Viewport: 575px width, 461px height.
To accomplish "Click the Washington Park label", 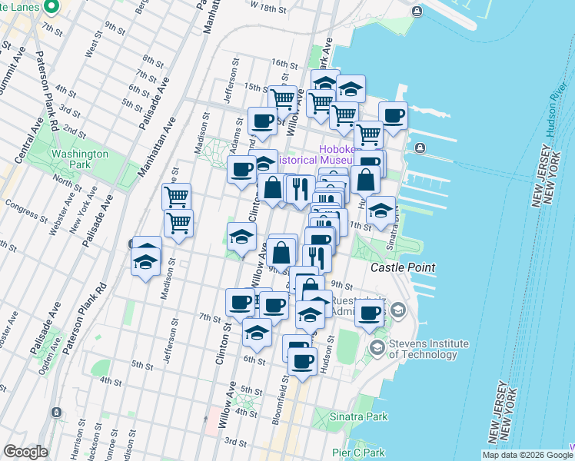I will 79,159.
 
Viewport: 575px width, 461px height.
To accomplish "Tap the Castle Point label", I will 404,268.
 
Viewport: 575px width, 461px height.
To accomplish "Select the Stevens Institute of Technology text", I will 429,349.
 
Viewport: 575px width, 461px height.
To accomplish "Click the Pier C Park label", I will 358,453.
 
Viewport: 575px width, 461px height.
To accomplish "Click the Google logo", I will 26,452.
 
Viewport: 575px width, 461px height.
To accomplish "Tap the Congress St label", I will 21,205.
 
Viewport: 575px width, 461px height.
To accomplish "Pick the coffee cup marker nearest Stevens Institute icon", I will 370,312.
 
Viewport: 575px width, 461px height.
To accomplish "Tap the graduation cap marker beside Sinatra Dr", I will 381,210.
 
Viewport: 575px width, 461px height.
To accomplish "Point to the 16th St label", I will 283,65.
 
